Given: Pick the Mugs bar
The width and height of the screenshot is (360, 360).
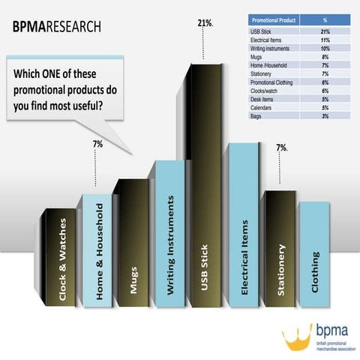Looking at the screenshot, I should (x=133, y=244).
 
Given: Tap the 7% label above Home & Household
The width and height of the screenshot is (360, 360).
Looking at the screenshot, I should (x=97, y=142).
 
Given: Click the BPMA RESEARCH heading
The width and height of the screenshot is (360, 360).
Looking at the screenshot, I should (x=56, y=28).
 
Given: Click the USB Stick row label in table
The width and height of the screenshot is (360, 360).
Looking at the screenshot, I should (x=262, y=32).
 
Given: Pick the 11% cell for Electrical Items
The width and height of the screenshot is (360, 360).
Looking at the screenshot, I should (x=325, y=40).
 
